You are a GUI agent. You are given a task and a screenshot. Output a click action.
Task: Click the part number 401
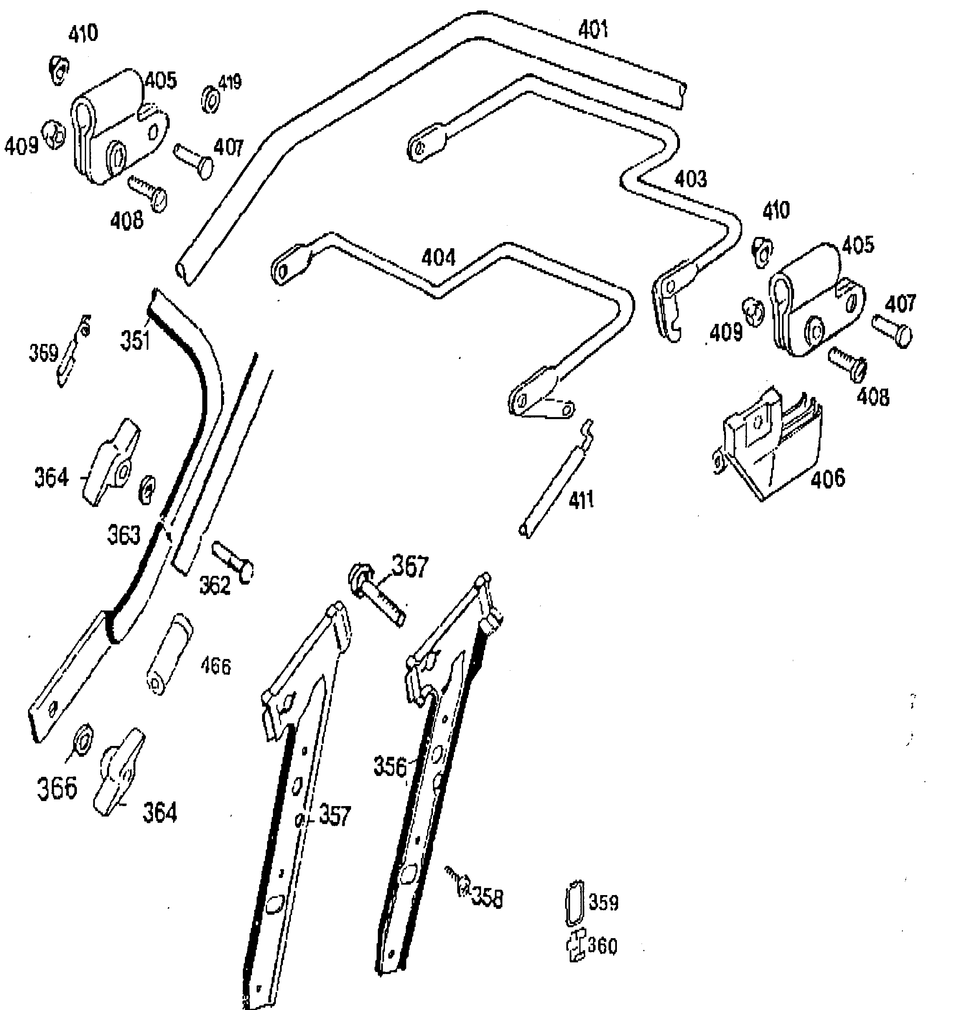(x=593, y=30)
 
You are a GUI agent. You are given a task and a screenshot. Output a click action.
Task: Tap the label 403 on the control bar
(x=690, y=179)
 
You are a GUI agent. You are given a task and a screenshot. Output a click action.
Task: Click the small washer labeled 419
(x=209, y=99)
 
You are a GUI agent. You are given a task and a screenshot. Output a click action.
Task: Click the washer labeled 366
(x=84, y=738)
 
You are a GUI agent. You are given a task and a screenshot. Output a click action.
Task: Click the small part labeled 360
(x=577, y=946)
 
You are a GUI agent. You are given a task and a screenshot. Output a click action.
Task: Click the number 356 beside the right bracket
(x=390, y=767)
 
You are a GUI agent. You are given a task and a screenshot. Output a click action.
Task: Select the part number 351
(x=135, y=341)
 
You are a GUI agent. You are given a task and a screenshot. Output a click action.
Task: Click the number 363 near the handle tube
(x=123, y=535)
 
